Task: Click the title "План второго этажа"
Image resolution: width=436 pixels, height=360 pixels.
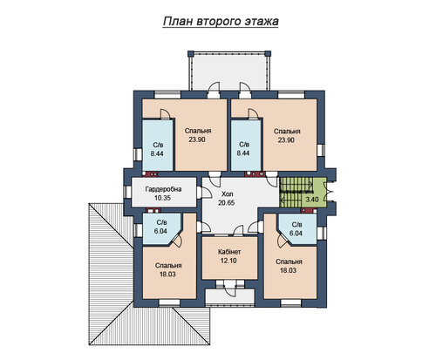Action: (221, 22)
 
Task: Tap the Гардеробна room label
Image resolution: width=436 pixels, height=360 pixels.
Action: (163, 189)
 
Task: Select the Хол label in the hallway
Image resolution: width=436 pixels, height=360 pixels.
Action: (228, 194)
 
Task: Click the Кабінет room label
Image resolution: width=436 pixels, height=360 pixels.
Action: (229, 252)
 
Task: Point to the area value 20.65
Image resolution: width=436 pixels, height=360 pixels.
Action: (227, 203)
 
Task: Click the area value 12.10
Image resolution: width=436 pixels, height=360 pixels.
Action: (228, 261)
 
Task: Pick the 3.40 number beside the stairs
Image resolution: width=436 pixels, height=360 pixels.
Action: (312, 200)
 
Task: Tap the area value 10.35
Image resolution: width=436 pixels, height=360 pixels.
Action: (162, 198)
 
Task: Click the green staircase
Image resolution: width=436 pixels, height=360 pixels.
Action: (296, 192)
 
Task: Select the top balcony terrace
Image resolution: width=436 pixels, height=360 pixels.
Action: (229, 71)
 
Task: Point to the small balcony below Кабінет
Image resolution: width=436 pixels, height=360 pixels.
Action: (229, 297)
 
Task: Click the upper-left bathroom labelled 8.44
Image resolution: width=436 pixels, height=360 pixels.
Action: (157, 145)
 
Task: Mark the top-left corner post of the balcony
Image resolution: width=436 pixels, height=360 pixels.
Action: (191, 54)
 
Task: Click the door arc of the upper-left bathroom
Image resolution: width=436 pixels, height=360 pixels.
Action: (165, 113)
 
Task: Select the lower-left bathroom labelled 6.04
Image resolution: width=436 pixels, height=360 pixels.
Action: (160, 228)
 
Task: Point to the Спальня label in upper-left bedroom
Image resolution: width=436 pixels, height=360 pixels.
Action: (198, 131)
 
